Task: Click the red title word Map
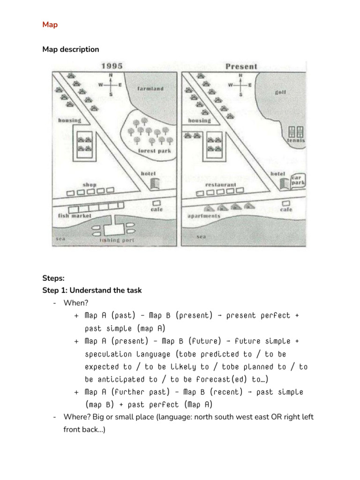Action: (x=50, y=25)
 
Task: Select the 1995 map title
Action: (x=113, y=66)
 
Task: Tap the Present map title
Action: (x=241, y=66)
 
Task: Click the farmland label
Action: (x=150, y=89)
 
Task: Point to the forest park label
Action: (x=155, y=151)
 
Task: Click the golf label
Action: (x=281, y=92)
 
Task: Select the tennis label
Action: (x=296, y=140)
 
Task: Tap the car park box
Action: (x=298, y=180)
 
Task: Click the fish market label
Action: (x=75, y=216)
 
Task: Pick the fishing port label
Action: (x=117, y=240)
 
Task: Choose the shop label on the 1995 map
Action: (x=89, y=185)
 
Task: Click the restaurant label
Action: (x=221, y=185)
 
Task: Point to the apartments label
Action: (x=203, y=216)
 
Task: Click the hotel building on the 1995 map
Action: (x=156, y=183)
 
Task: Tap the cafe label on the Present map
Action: (x=286, y=210)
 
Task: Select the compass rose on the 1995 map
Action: (x=111, y=85)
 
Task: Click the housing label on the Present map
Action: (x=199, y=120)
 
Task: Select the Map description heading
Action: (x=70, y=49)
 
